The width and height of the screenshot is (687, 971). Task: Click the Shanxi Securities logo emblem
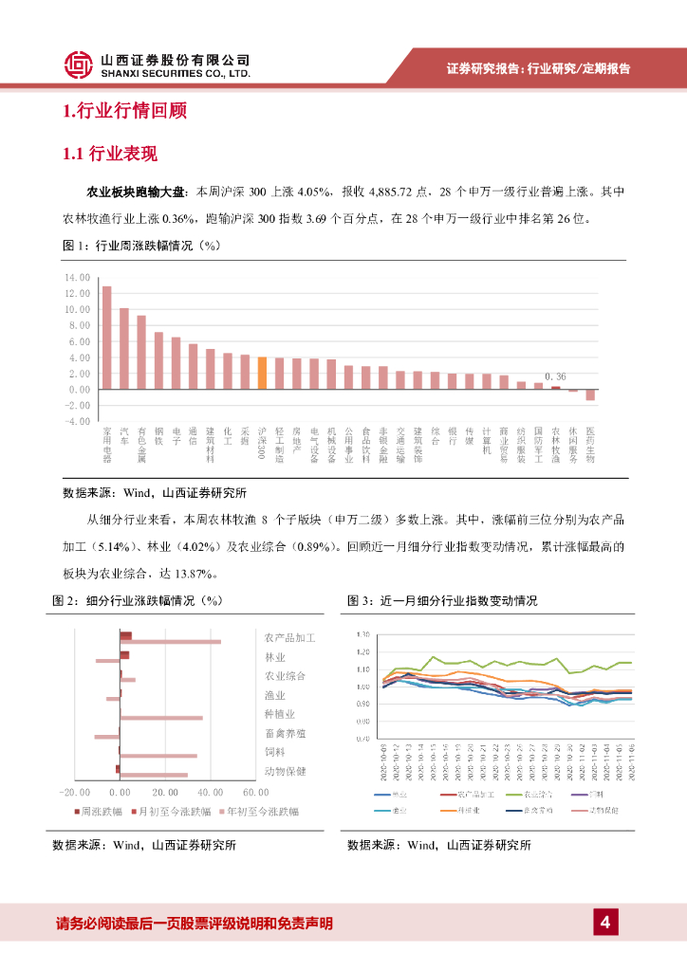[x=79, y=64]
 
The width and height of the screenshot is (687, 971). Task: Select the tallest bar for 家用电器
[x=106, y=338]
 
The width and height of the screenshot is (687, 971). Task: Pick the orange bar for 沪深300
[x=262, y=373]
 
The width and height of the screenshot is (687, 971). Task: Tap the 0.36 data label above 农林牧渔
[x=555, y=376]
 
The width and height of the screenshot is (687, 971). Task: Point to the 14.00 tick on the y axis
[x=78, y=278]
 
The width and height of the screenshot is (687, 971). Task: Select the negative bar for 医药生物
[x=590, y=394]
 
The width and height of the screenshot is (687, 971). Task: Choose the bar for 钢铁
[x=158, y=360]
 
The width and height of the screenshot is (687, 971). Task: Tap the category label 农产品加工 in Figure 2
[x=289, y=638]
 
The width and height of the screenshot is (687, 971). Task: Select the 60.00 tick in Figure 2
[x=254, y=792]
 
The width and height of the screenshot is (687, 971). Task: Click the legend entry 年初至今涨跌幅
[x=263, y=812]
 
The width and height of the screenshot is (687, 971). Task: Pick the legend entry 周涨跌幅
[x=102, y=812]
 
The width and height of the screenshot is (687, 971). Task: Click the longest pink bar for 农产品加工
[x=171, y=642]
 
